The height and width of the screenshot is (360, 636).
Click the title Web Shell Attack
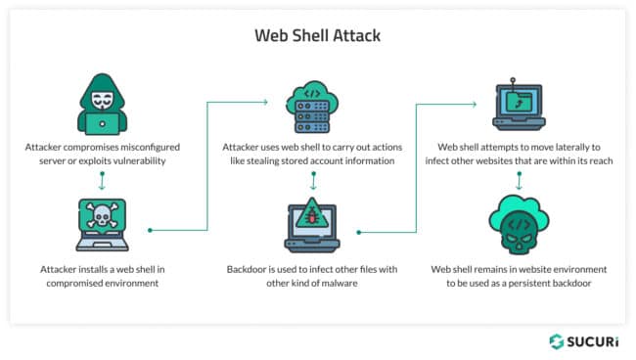317,35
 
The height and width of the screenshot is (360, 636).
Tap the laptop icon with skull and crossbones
103,224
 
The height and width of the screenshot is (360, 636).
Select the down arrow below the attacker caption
103,180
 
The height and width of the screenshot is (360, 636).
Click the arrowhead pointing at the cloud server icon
265,100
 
